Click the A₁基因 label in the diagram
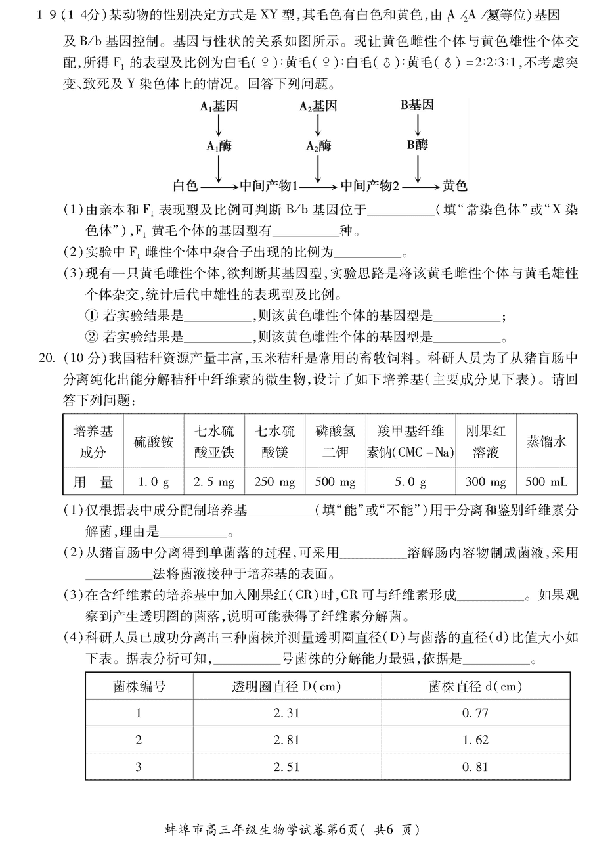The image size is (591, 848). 219,106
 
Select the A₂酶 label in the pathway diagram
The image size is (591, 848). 318,146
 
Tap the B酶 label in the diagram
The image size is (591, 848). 418,145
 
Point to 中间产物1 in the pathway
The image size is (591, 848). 269,186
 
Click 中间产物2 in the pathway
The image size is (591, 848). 370,186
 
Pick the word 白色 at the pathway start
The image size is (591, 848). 185,186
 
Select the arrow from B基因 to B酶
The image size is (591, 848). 418,125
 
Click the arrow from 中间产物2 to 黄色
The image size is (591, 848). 421,187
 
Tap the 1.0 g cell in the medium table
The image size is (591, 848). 153,482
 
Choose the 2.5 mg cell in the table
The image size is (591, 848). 214,482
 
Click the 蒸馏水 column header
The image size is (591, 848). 546,441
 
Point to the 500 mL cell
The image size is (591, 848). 546,482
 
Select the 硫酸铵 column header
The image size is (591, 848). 153,441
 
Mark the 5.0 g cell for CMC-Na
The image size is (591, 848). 410,482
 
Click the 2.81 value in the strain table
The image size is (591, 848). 286,740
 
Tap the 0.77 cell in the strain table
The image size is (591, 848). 475,713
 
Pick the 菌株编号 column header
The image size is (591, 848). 139,686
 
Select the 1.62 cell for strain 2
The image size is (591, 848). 475,740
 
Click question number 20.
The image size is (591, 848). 47,357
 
